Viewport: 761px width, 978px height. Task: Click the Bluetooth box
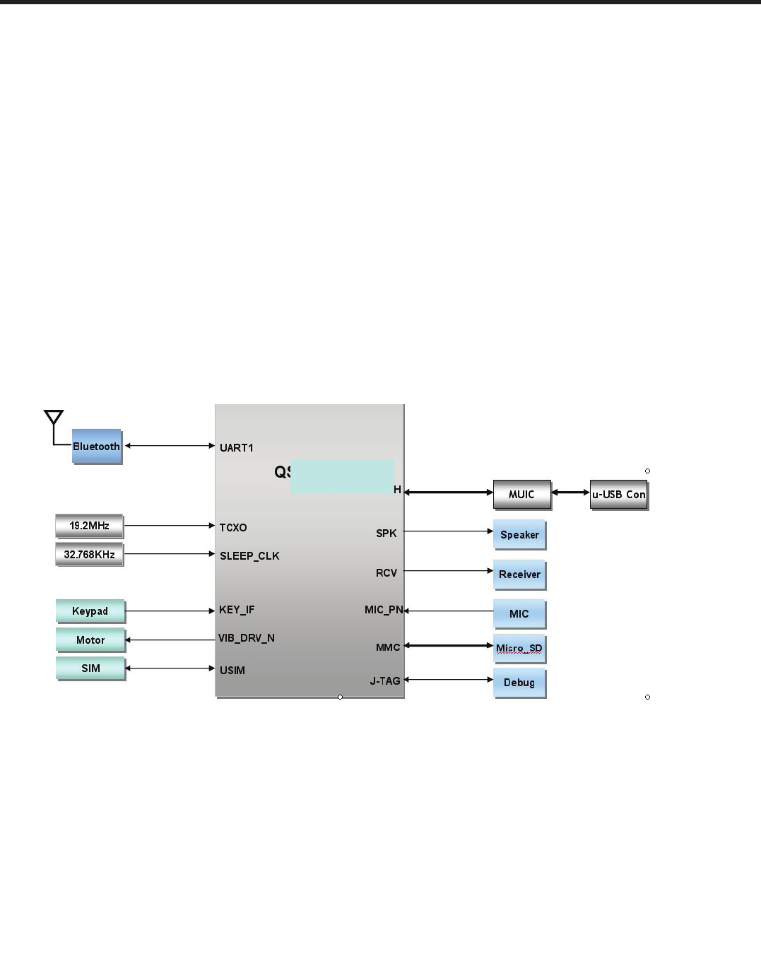tap(97, 447)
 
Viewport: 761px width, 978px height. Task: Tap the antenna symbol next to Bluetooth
tap(54, 418)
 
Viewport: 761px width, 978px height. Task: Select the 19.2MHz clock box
tap(89, 526)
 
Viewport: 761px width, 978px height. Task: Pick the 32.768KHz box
tap(89, 555)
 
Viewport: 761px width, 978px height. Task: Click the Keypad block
tap(90, 611)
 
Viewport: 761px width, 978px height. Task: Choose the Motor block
tap(90, 640)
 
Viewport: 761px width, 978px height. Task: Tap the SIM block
tap(90, 668)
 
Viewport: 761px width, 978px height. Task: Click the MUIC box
tap(521, 495)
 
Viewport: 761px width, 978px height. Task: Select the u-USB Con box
tap(619, 495)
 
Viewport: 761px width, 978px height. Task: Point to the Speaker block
tap(519, 535)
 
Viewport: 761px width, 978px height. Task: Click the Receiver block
tap(519, 575)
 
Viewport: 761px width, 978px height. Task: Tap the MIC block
tap(519, 614)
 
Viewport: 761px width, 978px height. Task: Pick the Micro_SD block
tap(519, 648)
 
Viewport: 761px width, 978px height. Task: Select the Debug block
tap(519, 683)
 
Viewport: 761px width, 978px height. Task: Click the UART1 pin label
tap(237, 448)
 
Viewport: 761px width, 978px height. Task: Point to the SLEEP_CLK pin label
tap(249, 556)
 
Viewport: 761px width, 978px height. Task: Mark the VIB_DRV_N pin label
tap(247, 638)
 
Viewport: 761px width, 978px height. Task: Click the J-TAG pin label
tap(385, 681)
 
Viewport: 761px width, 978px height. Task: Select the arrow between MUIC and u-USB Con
tap(570, 493)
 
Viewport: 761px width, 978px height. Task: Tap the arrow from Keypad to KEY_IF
tap(170, 611)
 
